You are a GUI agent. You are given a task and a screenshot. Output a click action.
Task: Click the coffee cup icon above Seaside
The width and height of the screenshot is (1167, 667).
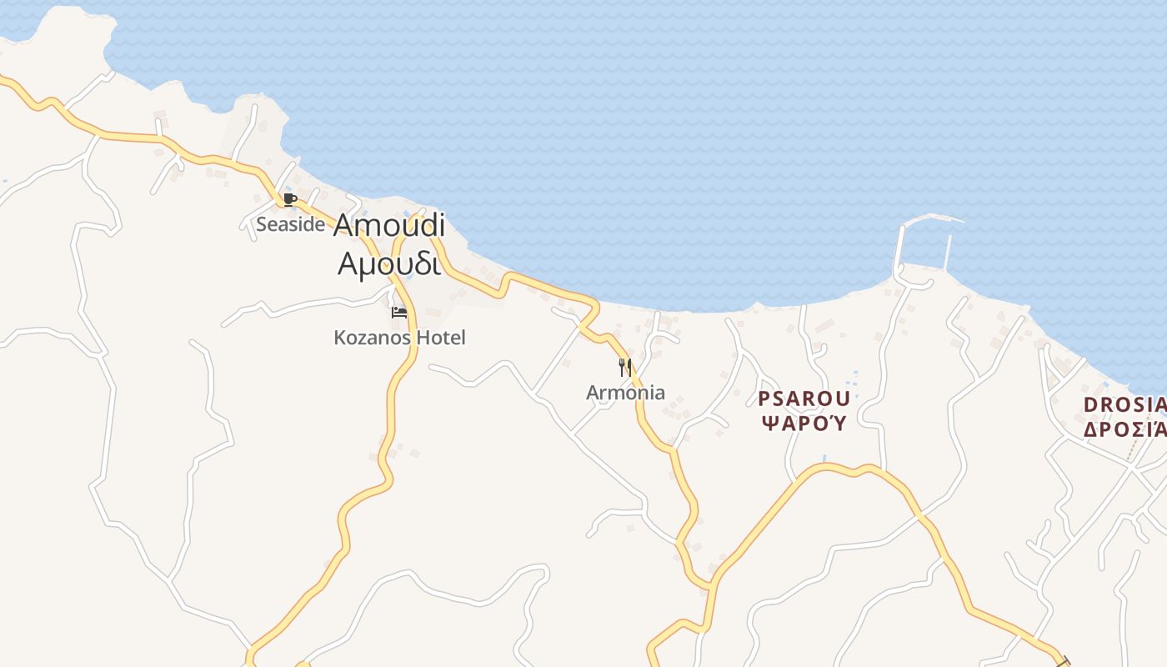(289, 199)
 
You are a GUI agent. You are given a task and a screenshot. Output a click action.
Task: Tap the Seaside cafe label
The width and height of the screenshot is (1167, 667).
(290, 224)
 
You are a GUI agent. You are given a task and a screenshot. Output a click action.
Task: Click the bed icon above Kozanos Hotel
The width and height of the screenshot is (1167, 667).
(399, 313)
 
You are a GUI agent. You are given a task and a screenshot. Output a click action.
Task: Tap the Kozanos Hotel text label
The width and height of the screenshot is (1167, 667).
(399, 338)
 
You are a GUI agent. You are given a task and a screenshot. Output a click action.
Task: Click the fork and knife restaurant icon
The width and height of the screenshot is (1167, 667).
(625, 367)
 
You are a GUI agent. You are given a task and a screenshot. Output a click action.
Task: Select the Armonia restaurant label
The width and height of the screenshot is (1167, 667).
(625, 393)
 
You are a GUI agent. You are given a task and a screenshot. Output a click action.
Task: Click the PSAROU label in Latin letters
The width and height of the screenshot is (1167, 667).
(804, 399)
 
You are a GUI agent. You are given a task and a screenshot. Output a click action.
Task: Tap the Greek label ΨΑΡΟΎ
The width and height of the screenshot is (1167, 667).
(804, 424)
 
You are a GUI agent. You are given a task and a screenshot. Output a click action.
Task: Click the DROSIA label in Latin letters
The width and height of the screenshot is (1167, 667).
(1124, 405)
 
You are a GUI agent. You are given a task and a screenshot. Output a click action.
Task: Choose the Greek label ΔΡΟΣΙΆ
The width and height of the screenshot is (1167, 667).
(1124, 430)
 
